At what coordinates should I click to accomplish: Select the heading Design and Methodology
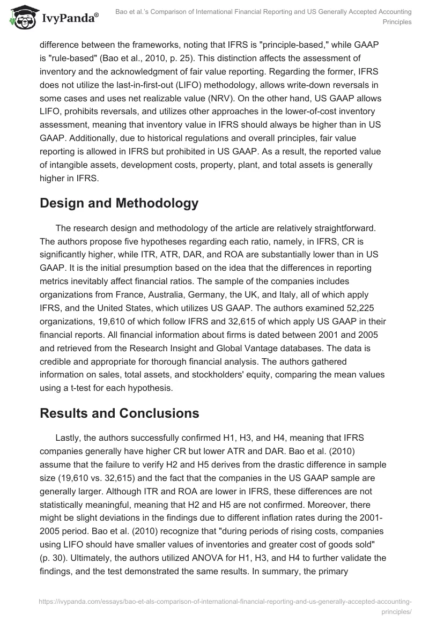click(x=119, y=203)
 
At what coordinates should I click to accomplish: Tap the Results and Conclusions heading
click(x=119, y=413)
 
